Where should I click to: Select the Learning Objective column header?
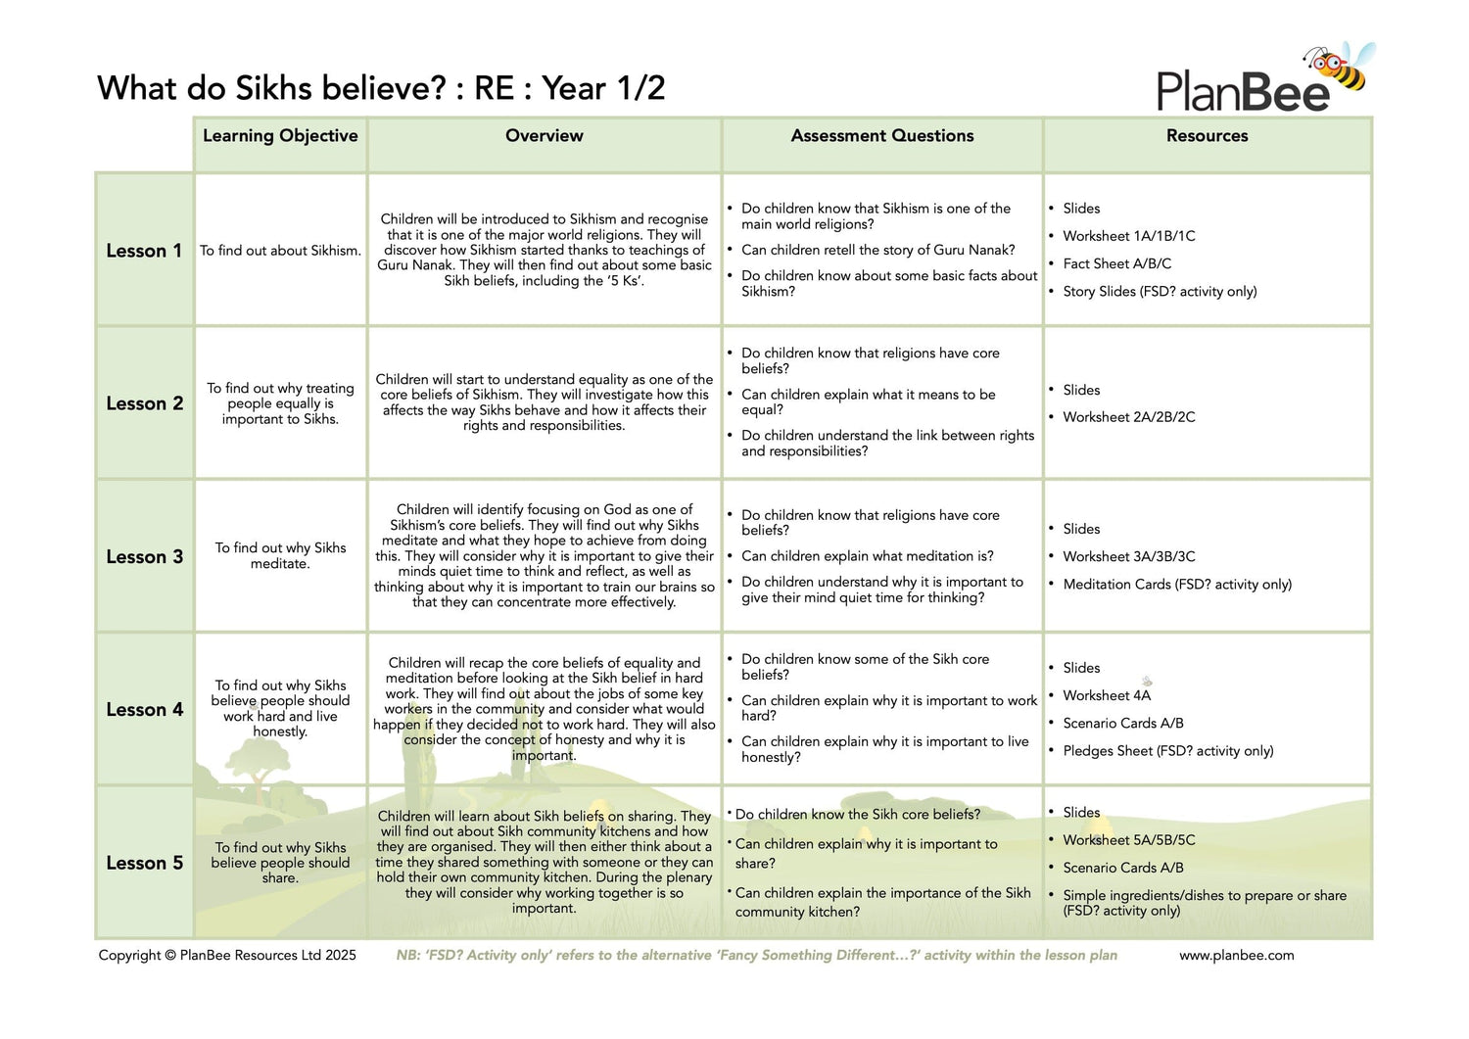[280, 136]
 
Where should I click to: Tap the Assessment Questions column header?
[882, 136]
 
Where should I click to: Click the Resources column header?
[1207, 136]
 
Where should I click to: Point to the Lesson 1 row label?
[144, 251]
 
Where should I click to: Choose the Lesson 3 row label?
[144, 556]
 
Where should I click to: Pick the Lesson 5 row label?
[144, 863]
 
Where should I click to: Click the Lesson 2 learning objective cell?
[280, 403]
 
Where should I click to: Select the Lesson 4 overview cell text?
[544, 709]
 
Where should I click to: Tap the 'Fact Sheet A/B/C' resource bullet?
[1116, 263]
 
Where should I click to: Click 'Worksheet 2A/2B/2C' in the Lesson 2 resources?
[1128, 417]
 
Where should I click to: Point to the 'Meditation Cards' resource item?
[1176, 585]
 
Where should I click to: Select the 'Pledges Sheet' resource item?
[1167, 751]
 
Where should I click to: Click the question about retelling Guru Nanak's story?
[877, 250]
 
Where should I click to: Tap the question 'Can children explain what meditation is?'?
[867, 556]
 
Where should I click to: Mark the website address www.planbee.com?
[1236, 955]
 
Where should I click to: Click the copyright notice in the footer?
[227, 955]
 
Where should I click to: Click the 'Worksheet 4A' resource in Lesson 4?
[1107, 695]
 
